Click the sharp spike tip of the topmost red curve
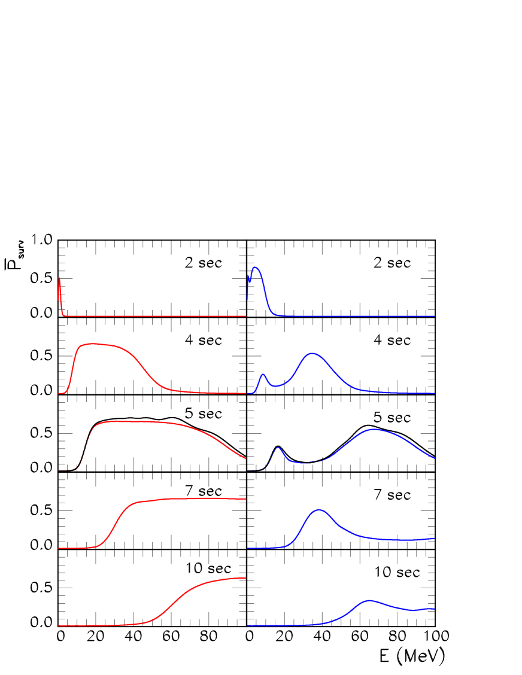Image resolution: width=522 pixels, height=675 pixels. (60, 278)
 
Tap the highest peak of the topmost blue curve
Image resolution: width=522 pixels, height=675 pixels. (256, 267)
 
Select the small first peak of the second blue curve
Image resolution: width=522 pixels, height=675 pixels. (263, 374)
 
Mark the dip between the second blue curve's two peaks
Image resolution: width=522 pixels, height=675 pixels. (275, 386)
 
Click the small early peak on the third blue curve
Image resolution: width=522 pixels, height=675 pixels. (278, 448)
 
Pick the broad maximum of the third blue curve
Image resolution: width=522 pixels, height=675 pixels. (374, 429)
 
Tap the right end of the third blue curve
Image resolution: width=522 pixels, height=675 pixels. (435, 458)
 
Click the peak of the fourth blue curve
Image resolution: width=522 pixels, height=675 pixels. (320, 510)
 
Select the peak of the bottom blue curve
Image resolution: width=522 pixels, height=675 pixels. (369, 600)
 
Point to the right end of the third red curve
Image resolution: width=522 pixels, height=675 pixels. (246, 458)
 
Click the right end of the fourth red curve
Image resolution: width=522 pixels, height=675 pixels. (246, 499)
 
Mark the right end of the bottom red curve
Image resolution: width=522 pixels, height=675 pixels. (246, 578)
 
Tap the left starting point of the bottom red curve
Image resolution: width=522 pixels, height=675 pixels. (59, 626)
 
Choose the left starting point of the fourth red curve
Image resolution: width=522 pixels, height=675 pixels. (59, 548)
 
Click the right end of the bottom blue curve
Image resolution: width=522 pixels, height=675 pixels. (435, 609)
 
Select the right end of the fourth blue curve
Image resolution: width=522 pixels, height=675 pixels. (435, 539)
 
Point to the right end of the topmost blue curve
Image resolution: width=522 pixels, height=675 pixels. (435, 316)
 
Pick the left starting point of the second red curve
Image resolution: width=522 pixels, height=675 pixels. (59, 394)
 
